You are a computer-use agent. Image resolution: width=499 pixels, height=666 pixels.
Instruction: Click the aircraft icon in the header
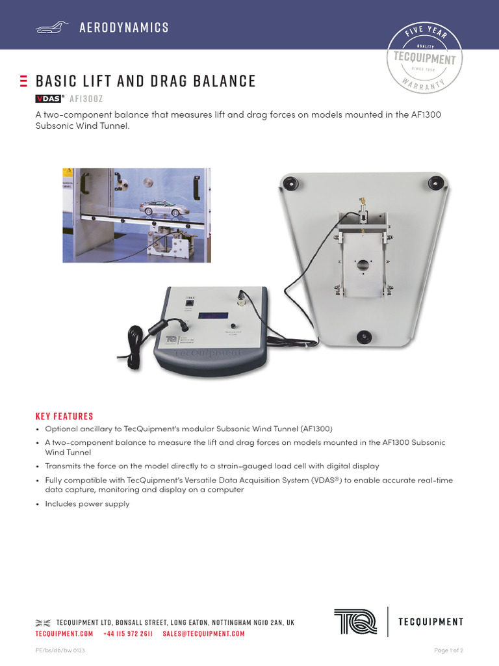(x=51, y=27)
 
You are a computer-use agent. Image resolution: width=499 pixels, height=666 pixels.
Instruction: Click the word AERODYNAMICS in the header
(x=124, y=27)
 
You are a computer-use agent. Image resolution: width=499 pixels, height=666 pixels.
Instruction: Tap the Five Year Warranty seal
(x=425, y=58)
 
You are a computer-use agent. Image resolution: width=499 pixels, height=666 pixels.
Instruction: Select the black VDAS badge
(x=48, y=99)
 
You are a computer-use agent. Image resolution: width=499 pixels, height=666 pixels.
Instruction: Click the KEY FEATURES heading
(x=64, y=416)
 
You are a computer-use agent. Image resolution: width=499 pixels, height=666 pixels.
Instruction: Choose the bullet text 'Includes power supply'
(x=87, y=504)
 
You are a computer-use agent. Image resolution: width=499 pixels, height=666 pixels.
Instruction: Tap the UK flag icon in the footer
(x=42, y=623)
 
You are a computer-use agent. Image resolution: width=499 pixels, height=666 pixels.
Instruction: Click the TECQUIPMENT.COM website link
(x=64, y=633)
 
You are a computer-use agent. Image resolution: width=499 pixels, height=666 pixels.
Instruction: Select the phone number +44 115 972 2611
(x=128, y=633)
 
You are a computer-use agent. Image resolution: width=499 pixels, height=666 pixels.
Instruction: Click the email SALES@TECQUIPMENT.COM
(x=203, y=633)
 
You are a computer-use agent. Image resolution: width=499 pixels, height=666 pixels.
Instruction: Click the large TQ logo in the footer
(x=355, y=622)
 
